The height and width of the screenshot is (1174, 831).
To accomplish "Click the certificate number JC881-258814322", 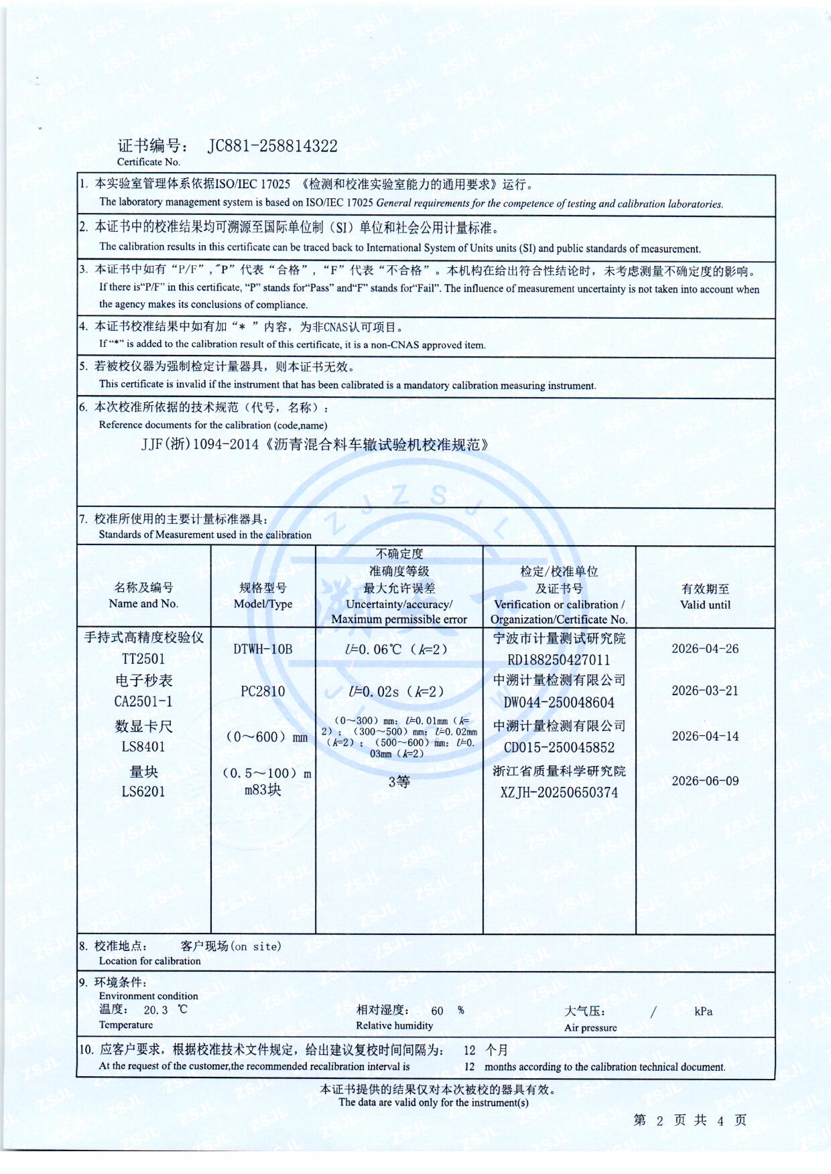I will click(x=272, y=146).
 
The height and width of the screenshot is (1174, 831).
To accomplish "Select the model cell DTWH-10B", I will click(x=263, y=649).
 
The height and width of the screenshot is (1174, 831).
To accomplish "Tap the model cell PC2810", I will click(x=263, y=691).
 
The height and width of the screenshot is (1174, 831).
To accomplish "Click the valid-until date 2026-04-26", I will click(x=705, y=649).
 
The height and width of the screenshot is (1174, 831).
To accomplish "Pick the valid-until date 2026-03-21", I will click(x=705, y=691).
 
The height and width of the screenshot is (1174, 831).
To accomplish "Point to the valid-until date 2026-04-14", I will click(x=705, y=737).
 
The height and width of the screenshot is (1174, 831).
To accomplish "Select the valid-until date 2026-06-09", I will click(x=705, y=781).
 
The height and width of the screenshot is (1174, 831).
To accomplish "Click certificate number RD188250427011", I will click(x=559, y=660).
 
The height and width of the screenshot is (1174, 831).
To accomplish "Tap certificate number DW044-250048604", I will click(x=559, y=703).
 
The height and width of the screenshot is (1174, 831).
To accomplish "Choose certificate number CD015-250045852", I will click(x=559, y=747).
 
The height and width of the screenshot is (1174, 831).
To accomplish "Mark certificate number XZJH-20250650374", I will click(x=559, y=792).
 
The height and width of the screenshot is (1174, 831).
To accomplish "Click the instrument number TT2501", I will click(x=143, y=659).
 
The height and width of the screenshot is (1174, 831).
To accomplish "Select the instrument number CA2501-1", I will click(x=143, y=702).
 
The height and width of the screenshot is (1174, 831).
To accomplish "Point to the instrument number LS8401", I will click(x=143, y=747).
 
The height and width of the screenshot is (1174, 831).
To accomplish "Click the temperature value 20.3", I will click(x=155, y=1011).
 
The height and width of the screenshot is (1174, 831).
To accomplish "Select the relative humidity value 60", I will click(x=437, y=1011).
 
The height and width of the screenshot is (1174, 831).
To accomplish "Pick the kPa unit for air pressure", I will click(x=703, y=1012).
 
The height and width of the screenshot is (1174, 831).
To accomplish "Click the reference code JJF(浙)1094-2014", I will click(x=200, y=445).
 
